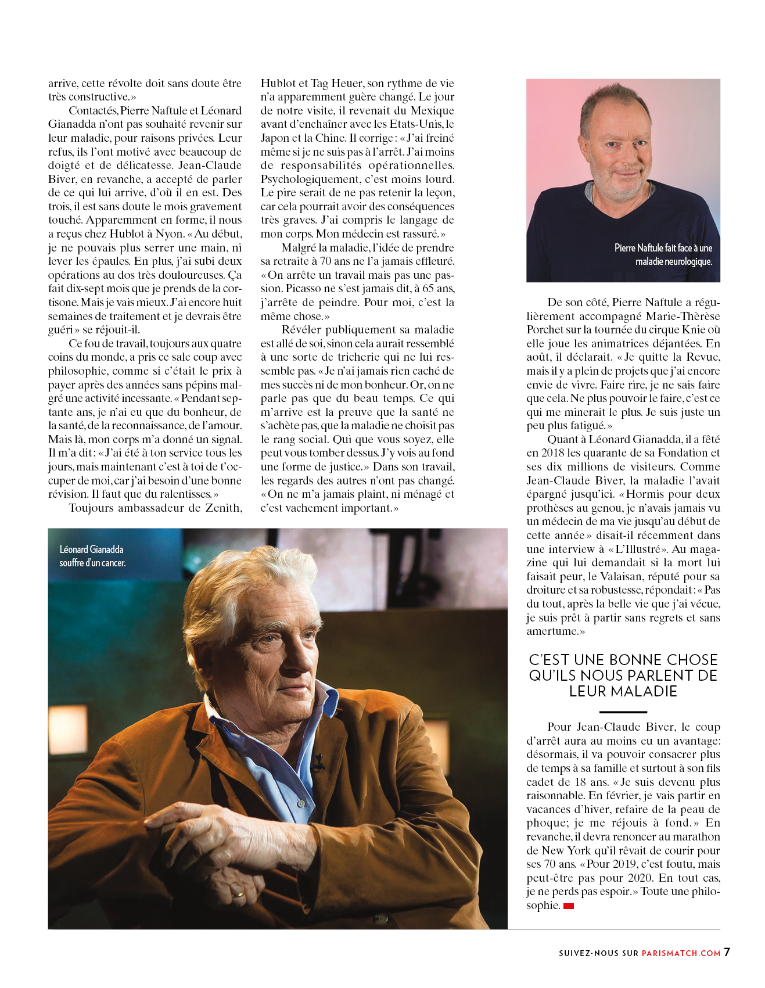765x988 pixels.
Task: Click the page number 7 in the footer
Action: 727,952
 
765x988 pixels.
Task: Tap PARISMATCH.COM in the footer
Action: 681,953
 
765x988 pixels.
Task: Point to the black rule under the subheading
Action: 623,712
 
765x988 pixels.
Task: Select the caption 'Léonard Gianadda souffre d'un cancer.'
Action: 92,556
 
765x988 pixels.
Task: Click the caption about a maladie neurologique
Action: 663,254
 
